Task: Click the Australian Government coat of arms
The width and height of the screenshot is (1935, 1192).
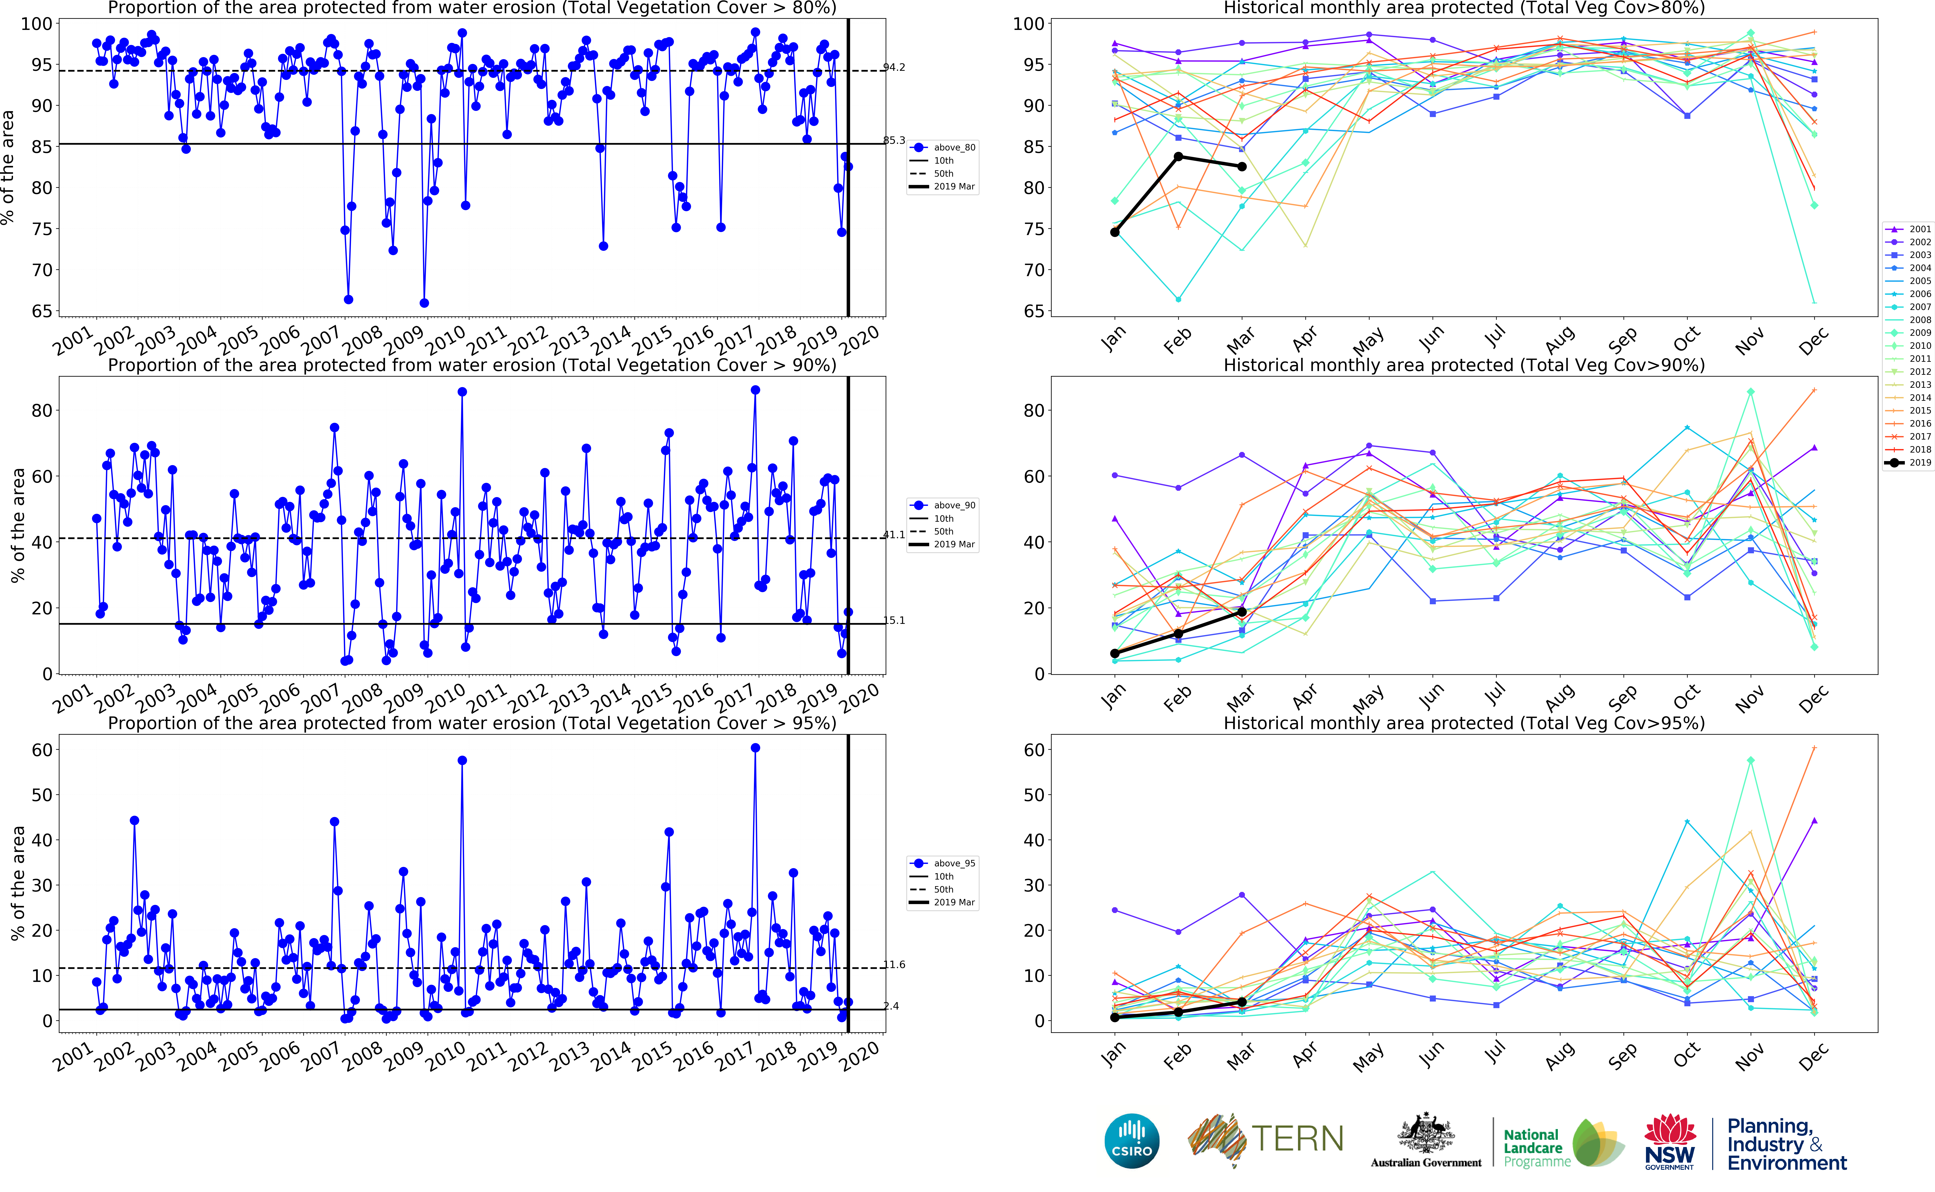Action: [x=1426, y=1135]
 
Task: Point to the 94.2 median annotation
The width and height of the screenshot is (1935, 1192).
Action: [x=894, y=67]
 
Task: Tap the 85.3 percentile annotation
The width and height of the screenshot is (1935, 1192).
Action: [x=894, y=140]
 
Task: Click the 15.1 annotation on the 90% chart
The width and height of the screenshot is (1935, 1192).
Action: [x=894, y=620]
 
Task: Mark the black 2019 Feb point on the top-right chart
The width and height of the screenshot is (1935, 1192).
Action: [x=1178, y=156]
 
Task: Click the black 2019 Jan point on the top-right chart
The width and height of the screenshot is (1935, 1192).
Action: [x=1114, y=232]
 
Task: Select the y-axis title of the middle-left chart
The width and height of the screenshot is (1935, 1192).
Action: [x=17, y=525]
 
